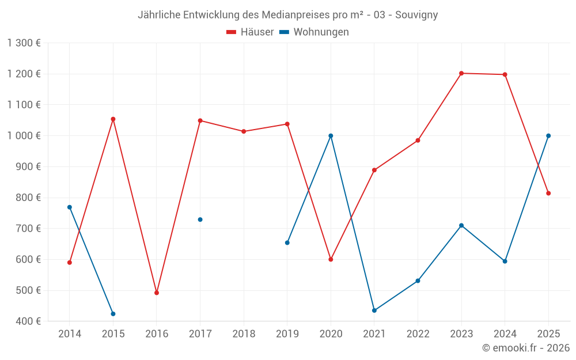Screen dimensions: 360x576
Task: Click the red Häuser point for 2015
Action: tap(113, 119)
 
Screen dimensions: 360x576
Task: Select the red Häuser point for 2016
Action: tap(157, 293)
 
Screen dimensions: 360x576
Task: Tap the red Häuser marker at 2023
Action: tap(461, 73)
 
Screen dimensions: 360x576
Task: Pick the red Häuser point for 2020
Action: tap(331, 259)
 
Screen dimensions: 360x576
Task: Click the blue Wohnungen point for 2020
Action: tap(331, 136)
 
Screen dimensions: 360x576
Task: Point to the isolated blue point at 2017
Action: tap(200, 219)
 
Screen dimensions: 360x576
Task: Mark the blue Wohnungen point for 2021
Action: tap(374, 310)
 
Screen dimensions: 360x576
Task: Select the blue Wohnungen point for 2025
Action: tap(548, 136)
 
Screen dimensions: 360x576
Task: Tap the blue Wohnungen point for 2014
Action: tap(70, 207)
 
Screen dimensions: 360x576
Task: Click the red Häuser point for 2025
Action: tap(548, 194)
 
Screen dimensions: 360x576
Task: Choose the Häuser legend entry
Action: tap(250, 32)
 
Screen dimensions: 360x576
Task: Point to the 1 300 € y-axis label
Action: tap(24, 43)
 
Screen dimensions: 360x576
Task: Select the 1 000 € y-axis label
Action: tap(24, 136)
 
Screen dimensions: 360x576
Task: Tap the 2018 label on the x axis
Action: tap(244, 334)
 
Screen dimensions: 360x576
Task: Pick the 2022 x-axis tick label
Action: tap(418, 334)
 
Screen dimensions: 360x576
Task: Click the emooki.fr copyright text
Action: tap(526, 348)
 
